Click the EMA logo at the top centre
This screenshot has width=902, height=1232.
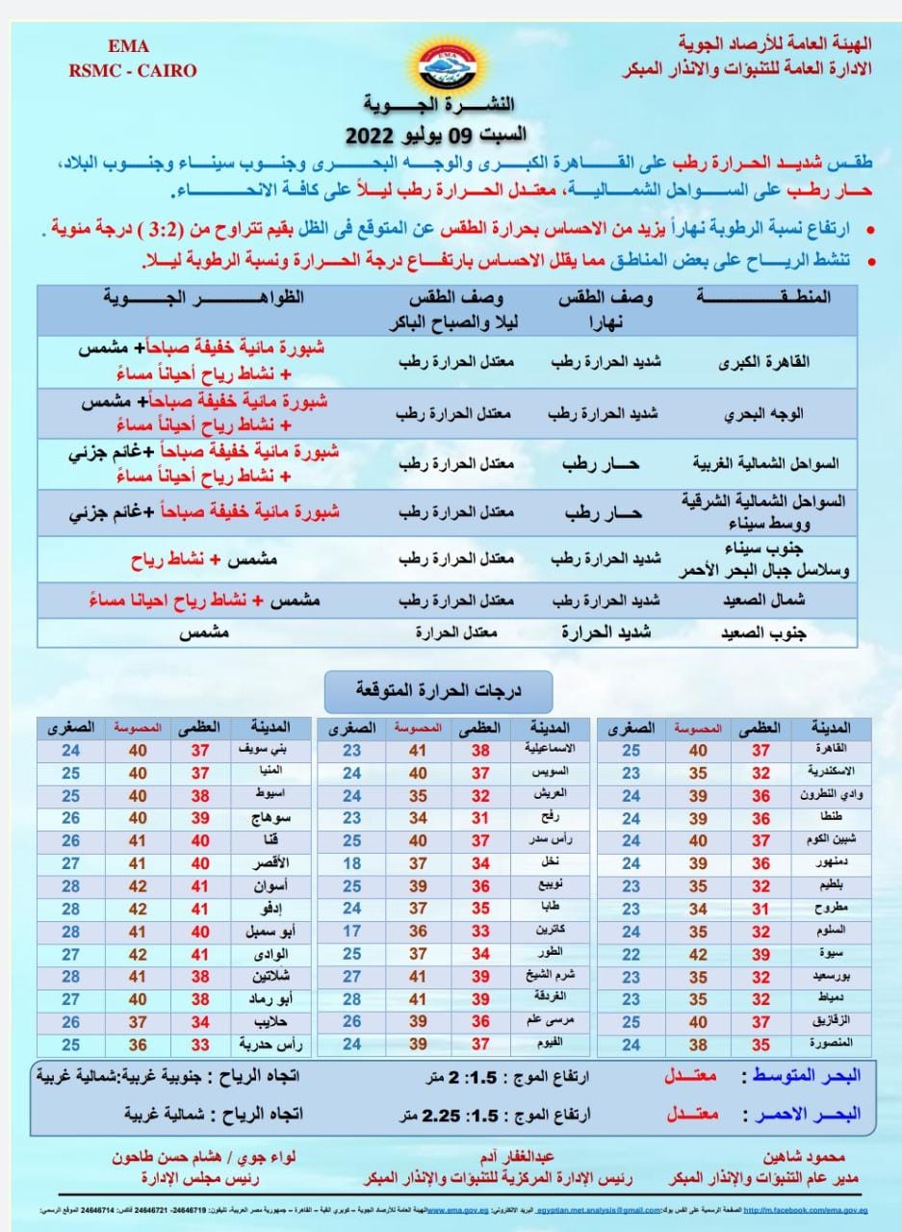(451, 63)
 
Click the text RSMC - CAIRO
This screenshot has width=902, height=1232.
(132, 70)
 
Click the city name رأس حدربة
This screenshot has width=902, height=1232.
(252, 1044)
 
